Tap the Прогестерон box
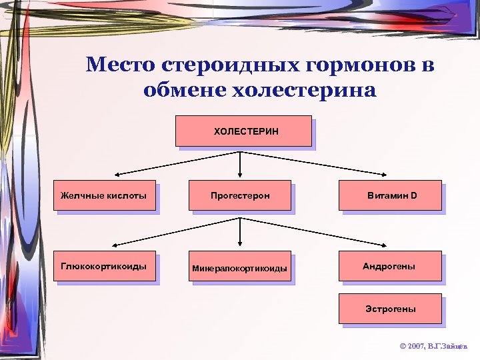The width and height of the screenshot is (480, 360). click(240, 195)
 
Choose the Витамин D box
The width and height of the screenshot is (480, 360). click(390, 195)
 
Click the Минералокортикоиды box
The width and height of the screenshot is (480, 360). click(240, 268)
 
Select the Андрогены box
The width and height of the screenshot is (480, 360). click(390, 266)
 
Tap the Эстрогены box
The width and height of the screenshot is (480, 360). click(390, 309)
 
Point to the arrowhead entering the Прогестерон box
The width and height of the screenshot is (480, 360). click(240, 176)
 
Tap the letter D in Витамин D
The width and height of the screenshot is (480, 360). click(413, 195)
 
